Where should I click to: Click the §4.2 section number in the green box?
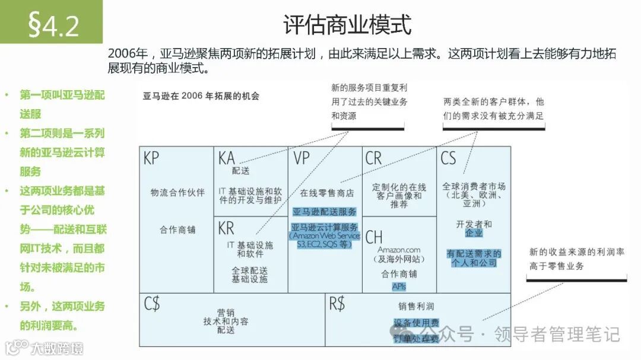pos(53,24)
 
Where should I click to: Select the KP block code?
pos(151,158)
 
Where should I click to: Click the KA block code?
pos(227,158)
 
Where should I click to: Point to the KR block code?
pos(226,228)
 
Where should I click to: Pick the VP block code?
pos(302,158)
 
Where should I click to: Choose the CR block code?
pos(374,158)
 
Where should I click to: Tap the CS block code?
pos(448,158)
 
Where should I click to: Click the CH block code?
pos(374,237)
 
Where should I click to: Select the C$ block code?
pos(152,304)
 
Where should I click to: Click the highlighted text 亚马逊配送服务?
pos(325,211)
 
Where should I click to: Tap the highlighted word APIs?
pos(399,286)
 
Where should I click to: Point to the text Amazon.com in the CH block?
pos(399,250)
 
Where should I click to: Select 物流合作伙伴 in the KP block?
pos(177,192)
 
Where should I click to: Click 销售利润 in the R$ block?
pos(416,307)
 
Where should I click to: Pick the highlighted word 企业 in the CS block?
pos(474,234)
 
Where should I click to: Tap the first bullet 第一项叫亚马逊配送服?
pos(62,104)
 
